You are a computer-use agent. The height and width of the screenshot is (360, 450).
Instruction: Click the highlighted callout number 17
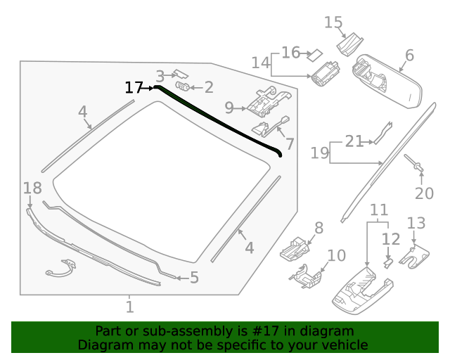point(133,88)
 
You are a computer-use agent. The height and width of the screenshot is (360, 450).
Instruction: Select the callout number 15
point(333,22)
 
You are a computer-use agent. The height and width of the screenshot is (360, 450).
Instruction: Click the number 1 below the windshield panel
point(129,307)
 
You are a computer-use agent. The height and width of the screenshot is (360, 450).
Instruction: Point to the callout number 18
point(32,188)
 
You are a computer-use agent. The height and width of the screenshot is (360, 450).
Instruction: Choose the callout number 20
point(425,193)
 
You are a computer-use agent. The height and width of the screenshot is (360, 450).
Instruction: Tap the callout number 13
point(416,224)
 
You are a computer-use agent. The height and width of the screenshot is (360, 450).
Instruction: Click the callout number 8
point(319,227)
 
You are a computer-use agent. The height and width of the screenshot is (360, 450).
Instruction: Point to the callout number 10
point(336,255)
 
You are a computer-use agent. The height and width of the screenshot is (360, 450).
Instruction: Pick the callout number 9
point(229,108)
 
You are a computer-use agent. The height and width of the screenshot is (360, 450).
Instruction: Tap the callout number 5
point(194,278)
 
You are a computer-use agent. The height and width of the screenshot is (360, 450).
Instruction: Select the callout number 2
point(208,87)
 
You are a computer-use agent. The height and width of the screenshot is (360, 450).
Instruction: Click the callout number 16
point(290,53)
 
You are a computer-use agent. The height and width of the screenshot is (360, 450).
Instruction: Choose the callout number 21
point(354,141)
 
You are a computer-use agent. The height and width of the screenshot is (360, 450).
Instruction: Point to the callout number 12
point(391,239)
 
